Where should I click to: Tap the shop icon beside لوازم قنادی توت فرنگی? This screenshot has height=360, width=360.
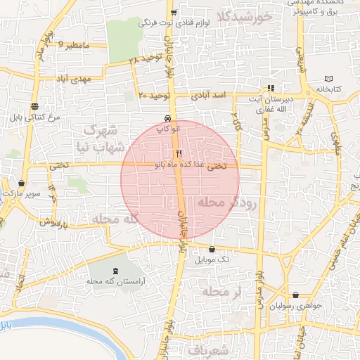(174, 13)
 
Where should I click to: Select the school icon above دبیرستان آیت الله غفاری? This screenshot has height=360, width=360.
(271, 89)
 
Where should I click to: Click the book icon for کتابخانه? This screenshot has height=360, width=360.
(330, 79)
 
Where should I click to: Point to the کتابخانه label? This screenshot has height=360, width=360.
(330, 91)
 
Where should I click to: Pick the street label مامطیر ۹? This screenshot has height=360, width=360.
(75, 46)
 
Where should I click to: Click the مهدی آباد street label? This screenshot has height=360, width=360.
(91, 79)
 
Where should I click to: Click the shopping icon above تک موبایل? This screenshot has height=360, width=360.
(212, 248)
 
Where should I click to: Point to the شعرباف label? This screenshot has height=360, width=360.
(209, 349)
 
